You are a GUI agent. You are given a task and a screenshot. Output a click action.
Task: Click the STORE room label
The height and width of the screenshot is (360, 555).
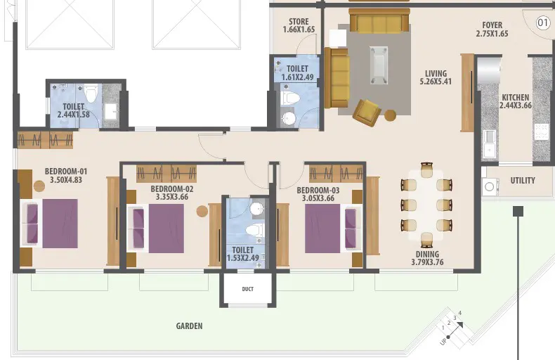pyautogui.click(x=299, y=22)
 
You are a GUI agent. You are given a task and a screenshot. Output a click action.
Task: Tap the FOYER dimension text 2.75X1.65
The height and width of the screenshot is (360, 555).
pyautogui.click(x=492, y=34)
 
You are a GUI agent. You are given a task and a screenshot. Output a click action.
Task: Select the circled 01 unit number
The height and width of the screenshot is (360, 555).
pyautogui.click(x=542, y=23)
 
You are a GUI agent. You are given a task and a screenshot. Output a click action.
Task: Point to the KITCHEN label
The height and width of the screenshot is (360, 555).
pyautogui.click(x=516, y=98)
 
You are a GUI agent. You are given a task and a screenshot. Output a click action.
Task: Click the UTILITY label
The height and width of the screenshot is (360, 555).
pyautogui.click(x=523, y=181)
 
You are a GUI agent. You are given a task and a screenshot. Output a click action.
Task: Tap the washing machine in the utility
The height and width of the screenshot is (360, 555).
pyautogui.click(x=490, y=186)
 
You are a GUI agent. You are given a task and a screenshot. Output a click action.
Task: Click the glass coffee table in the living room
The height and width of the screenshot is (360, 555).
pyautogui.click(x=379, y=65)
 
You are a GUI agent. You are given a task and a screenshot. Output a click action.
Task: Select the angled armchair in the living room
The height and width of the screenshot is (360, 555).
pyautogui.click(x=367, y=112)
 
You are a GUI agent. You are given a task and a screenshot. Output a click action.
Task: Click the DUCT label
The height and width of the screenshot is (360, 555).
pyautogui.click(x=248, y=289)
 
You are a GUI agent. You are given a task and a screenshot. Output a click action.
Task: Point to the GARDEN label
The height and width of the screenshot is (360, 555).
pyautogui.click(x=190, y=326)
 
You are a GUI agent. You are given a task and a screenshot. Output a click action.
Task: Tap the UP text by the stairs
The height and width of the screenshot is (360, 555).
pyautogui.click(x=443, y=341)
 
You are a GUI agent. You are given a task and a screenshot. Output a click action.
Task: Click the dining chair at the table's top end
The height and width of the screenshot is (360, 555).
pyautogui.click(x=426, y=169)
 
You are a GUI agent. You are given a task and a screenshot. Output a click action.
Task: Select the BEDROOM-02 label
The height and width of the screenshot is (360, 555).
pyautogui.click(x=172, y=189)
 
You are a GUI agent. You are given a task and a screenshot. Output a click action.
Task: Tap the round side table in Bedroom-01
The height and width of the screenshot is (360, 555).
pyautogui.click(x=39, y=186)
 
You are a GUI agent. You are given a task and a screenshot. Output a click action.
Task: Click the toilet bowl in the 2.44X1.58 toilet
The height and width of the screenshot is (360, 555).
pyautogui.click(x=91, y=94)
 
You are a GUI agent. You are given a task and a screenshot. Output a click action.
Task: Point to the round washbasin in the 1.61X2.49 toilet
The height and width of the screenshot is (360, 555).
pyautogui.click(x=289, y=119)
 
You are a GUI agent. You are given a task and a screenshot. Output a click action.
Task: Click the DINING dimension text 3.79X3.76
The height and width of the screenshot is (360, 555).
pyautogui.click(x=427, y=262)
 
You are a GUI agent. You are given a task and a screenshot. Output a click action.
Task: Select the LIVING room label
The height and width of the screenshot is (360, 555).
pyautogui.click(x=436, y=73)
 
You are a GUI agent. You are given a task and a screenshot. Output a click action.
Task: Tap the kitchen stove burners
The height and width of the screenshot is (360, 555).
pyautogui.click(x=541, y=131)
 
